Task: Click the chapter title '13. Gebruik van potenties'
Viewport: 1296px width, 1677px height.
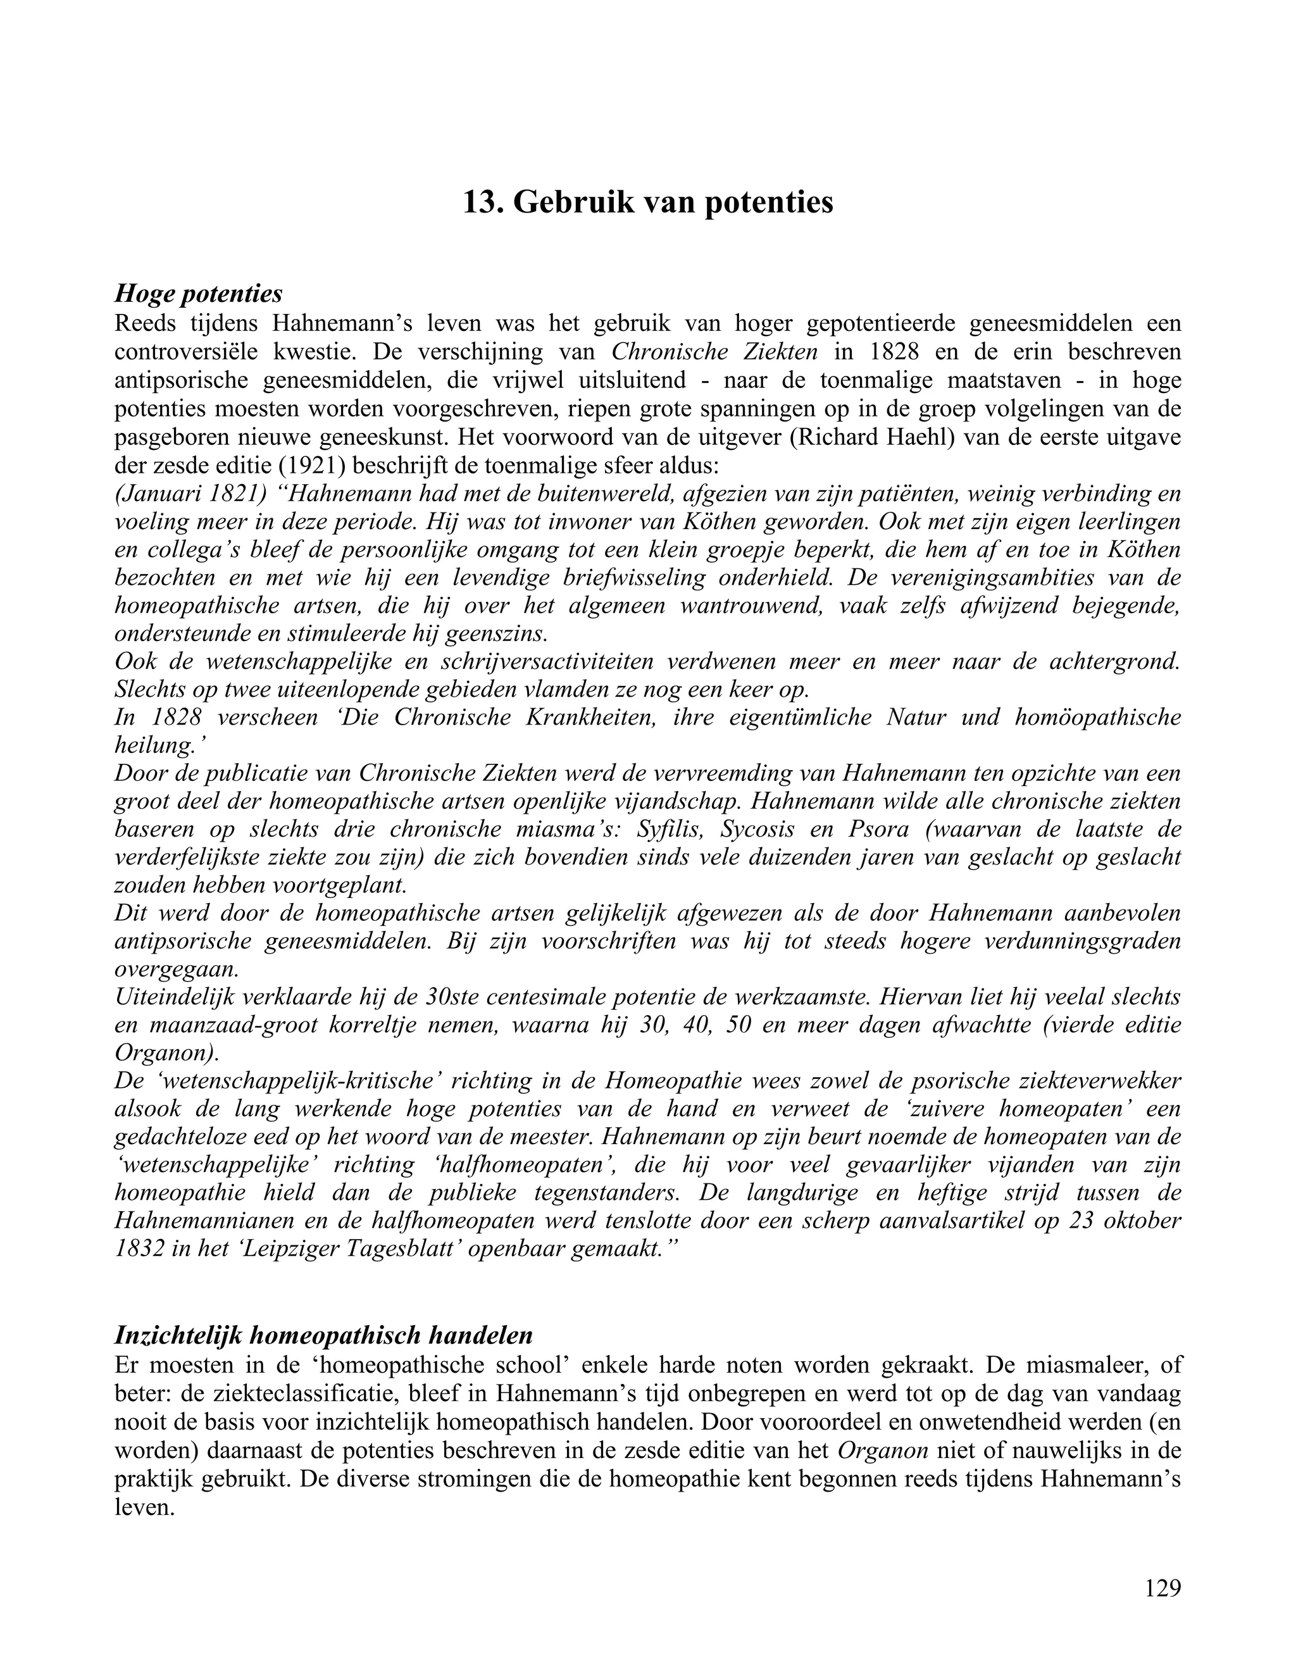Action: coord(647,203)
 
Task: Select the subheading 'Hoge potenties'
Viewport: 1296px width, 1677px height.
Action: coord(198,294)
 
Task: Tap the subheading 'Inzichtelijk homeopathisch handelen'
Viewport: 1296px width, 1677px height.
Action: coord(323,1335)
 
